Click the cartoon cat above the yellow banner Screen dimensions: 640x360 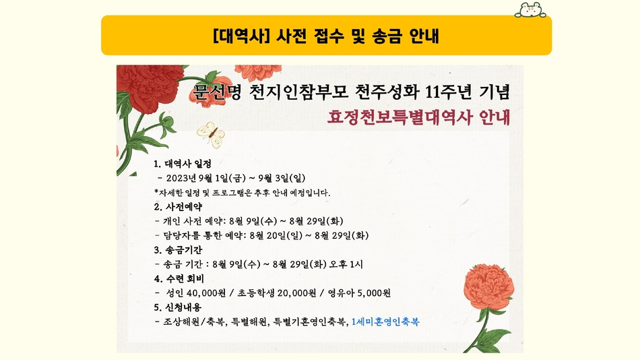point(530,10)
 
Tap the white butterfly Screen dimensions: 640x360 point(211,134)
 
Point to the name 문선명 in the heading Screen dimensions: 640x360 point(217,92)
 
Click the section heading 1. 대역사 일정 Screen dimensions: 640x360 point(183,164)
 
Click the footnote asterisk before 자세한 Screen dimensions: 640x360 point(156,191)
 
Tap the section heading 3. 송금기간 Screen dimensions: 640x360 point(178,250)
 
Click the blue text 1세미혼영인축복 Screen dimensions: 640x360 point(385,322)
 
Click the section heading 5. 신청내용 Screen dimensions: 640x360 point(178,307)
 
